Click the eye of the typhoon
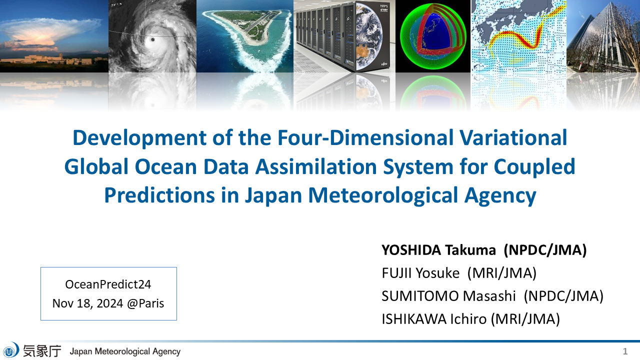[152, 39]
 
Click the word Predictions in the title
[159, 195]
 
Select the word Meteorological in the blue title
[383, 195]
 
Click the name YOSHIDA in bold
[411, 250]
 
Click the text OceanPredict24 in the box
[108, 284]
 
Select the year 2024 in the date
[109, 303]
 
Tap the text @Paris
[145, 303]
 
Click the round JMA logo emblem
[11, 350]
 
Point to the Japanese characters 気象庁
[42, 351]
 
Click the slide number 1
[625, 351]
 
